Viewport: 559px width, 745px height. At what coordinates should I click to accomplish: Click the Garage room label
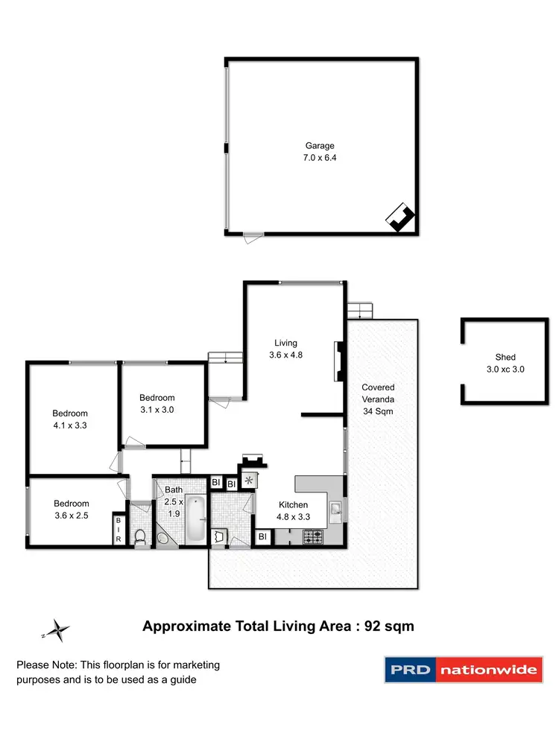coord(319,146)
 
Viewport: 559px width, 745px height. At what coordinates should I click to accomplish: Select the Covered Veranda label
coord(378,399)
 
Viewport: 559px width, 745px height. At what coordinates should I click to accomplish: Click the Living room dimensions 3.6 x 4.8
coord(287,355)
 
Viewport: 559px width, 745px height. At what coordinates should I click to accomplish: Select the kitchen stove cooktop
coord(313,536)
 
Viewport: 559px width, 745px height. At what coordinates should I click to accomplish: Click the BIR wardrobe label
coord(118,530)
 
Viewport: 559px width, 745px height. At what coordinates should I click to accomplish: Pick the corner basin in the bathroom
coord(163,538)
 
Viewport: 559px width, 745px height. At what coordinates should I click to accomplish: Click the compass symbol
coord(58,630)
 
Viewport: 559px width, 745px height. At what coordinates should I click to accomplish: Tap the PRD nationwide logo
coord(461,670)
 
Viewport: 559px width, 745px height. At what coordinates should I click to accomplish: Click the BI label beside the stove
coord(262,536)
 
